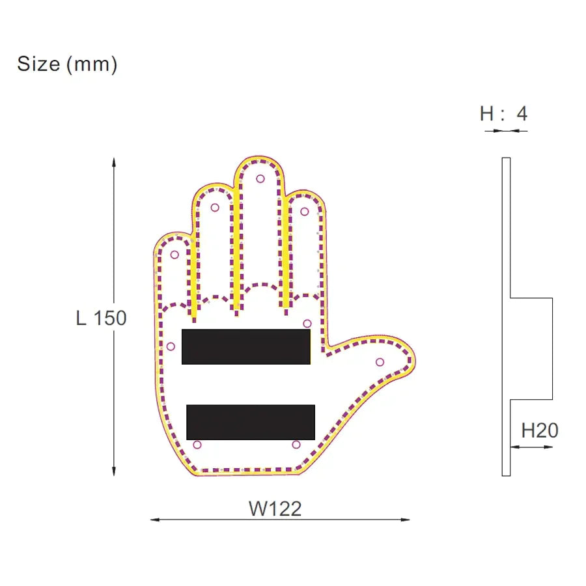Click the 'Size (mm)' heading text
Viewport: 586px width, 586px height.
(x=67, y=64)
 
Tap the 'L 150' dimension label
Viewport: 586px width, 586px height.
(x=101, y=318)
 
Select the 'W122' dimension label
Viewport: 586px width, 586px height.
(x=275, y=509)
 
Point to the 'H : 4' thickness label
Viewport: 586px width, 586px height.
(x=503, y=114)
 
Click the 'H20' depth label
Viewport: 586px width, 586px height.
(x=540, y=430)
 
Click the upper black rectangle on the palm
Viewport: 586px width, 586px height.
(x=245, y=346)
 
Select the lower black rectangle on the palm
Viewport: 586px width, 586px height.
(x=251, y=422)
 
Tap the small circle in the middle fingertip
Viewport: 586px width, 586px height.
(x=260, y=178)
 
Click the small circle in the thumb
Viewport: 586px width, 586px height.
(x=380, y=362)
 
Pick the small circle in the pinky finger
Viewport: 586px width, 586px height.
(x=174, y=254)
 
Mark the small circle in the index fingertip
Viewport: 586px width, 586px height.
(x=304, y=211)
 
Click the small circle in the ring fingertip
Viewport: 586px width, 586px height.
(x=215, y=208)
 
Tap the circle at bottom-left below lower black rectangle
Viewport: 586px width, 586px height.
(x=197, y=445)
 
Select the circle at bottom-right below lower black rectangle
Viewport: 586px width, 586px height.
(x=296, y=445)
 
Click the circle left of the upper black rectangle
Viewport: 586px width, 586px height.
(x=171, y=346)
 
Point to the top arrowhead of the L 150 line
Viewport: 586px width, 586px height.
(x=114, y=161)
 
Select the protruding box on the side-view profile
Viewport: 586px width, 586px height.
(x=531, y=348)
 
